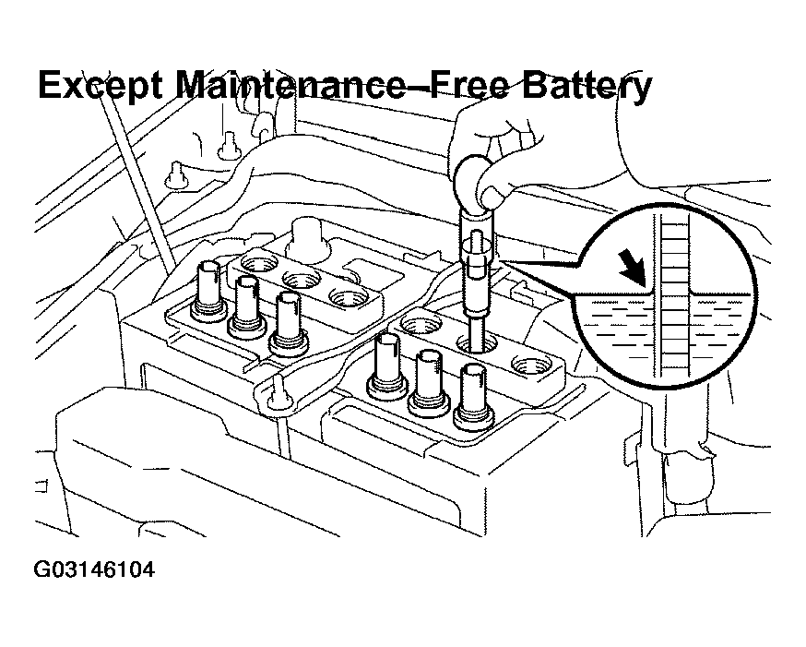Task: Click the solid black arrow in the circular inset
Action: (634, 269)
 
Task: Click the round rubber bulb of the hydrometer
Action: (476, 179)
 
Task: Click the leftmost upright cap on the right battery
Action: (386, 365)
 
